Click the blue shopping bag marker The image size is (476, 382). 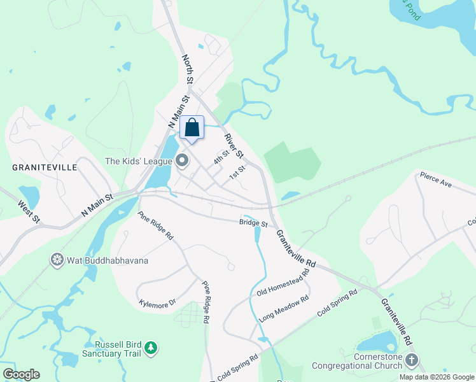[192, 129]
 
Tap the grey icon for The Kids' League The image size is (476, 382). [183, 161]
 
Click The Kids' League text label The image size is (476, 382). [139, 161]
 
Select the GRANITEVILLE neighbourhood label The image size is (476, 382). [45, 167]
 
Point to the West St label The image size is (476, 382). [29, 212]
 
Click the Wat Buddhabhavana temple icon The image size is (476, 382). [57, 260]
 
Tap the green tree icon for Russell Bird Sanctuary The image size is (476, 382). [151, 348]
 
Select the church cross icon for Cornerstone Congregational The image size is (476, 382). [411, 360]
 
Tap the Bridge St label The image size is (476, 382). [253, 223]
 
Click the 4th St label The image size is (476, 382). [221, 157]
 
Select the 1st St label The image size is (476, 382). [237, 173]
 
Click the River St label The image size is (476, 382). [234, 146]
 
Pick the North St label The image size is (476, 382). [188, 69]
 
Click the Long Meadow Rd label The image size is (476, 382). [284, 308]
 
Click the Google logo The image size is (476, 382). [21, 374]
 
